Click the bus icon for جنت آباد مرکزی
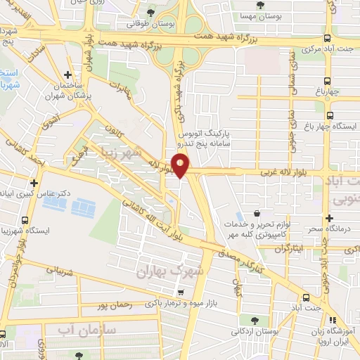point(328,39)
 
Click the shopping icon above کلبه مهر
point(257,212)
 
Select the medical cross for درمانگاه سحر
point(328,218)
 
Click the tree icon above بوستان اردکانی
point(244,319)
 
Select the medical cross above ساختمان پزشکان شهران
point(67,75)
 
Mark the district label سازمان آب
point(84,329)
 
